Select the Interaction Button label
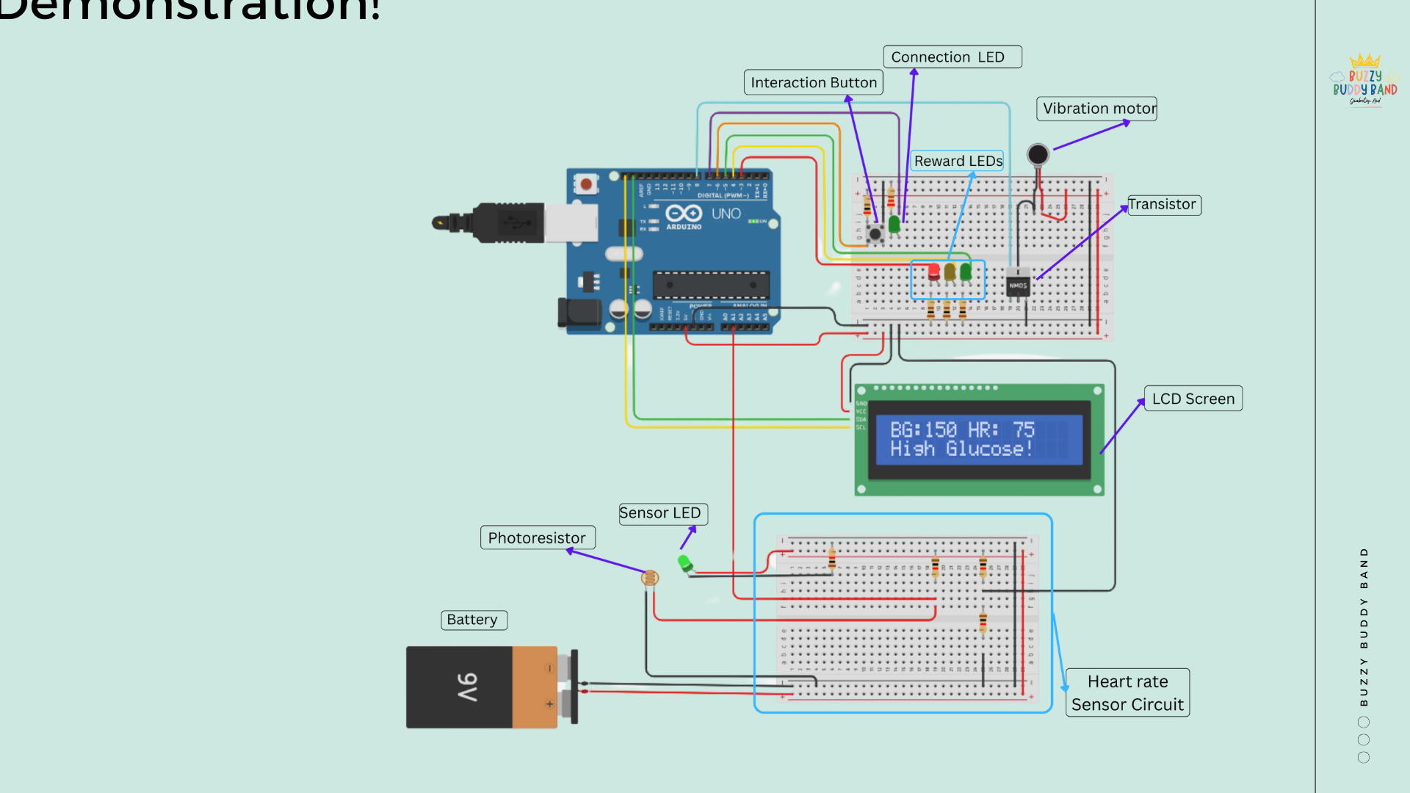(813, 83)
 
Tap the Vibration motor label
(1097, 109)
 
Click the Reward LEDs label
(957, 161)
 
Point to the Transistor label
(1163, 205)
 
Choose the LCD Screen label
(1193, 399)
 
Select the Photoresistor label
(537, 538)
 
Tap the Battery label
(473, 620)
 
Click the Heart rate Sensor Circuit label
(1127, 693)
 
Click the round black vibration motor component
(1038, 154)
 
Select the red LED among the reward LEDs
(933, 272)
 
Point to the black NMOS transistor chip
(1018, 285)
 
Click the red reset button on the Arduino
(586, 184)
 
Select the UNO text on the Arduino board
(726, 214)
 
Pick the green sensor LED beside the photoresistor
(685, 564)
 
